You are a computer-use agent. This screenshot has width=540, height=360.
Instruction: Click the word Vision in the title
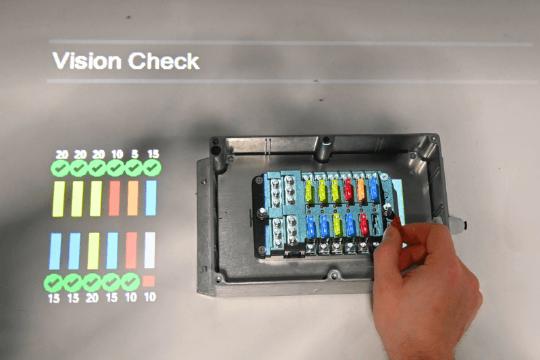coord(87,61)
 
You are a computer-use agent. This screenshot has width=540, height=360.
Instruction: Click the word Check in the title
coord(164,61)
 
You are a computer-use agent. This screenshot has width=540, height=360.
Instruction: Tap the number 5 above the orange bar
coord(134,153)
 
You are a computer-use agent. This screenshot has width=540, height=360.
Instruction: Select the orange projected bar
coord(133,198)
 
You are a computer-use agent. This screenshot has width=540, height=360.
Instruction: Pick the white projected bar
coord(150,250)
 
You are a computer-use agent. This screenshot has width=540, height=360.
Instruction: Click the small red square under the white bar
coord(148,281)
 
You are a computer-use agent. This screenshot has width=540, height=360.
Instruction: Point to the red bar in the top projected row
coord(114,199)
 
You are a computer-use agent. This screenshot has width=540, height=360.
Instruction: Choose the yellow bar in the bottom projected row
coord(93,251)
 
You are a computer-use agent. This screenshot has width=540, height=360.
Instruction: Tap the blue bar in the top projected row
coord(151,198)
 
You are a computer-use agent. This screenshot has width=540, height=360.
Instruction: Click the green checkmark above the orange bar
coord(134,168)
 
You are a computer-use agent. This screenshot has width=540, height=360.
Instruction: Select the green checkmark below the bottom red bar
coord(130,282)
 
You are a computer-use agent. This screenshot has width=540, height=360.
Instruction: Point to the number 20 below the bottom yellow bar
coord(92,297)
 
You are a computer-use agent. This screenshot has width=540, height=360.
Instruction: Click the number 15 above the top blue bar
coord(153,153)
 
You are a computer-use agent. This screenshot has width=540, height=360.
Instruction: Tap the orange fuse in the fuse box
coord(361,190)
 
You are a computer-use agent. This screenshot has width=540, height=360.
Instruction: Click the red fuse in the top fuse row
coord(348,190)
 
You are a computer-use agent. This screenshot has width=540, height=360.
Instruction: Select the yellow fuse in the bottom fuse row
coord(337,225)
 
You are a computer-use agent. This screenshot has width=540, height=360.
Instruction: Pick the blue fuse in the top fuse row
coord(373,189)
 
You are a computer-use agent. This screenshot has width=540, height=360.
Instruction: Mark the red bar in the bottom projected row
coord(131,251)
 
